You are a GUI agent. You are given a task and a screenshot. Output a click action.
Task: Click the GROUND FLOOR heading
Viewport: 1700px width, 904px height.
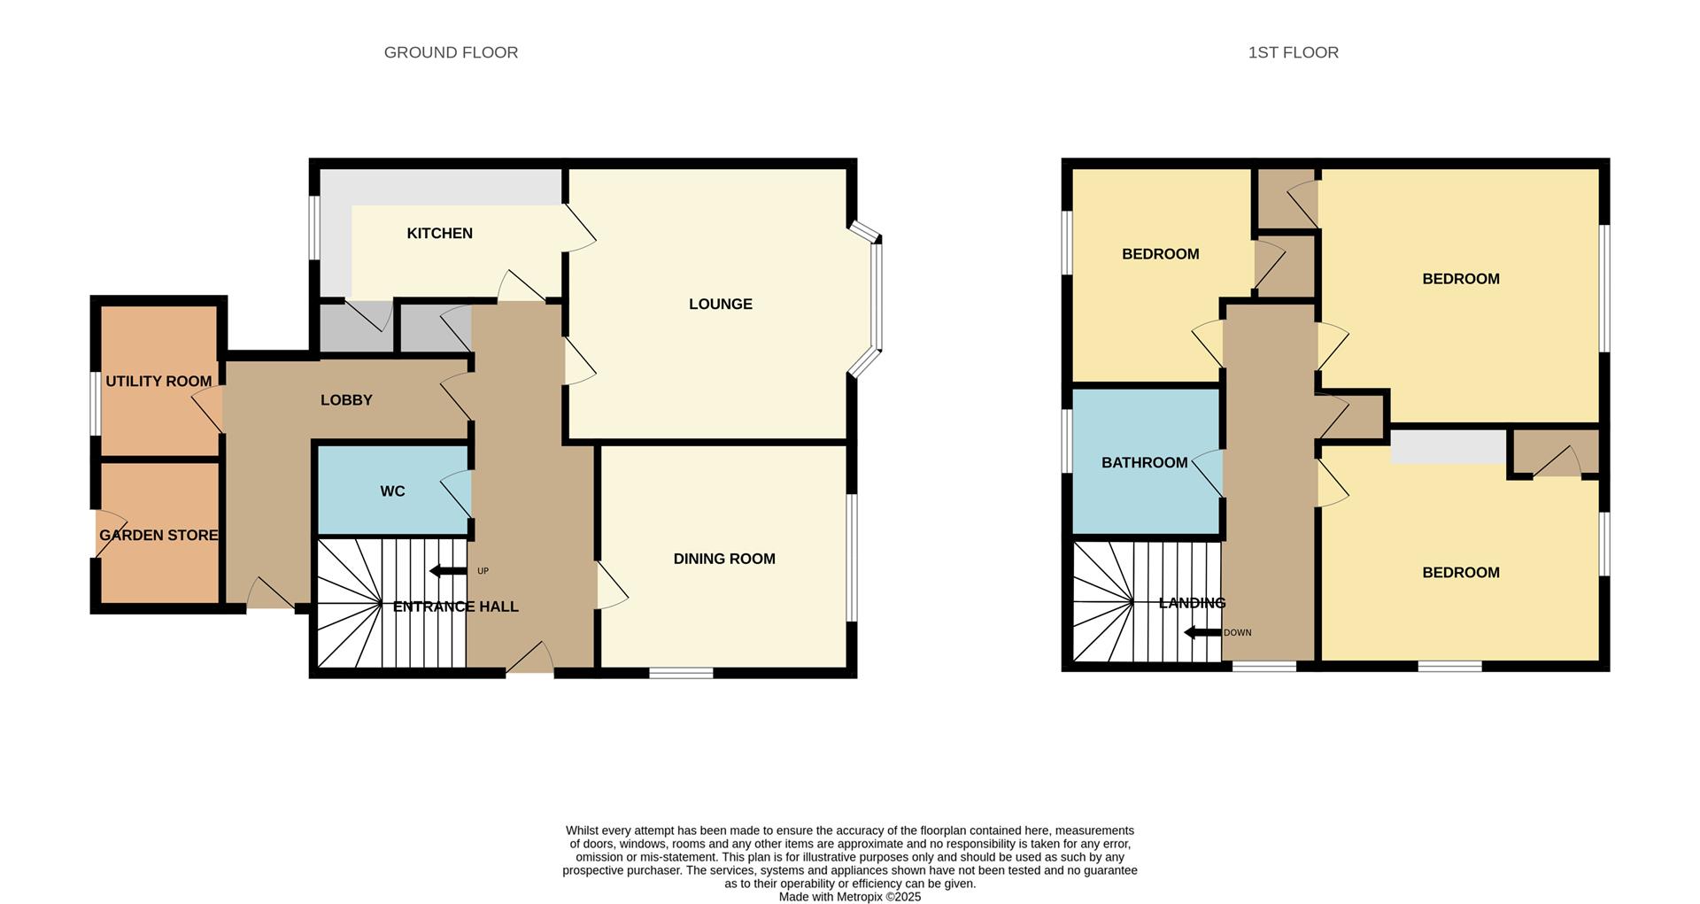pyautogui.click(x=451, y=52)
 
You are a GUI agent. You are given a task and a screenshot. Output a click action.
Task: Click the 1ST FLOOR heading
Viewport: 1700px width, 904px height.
pyautogui.click(x=1293, y=52)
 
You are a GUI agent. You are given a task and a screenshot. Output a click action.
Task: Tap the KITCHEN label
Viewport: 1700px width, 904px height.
pyautogui.click(x=439, y=233)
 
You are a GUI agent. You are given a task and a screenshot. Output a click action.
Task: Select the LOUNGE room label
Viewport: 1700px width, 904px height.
pyautogui.click(x=720, y=304)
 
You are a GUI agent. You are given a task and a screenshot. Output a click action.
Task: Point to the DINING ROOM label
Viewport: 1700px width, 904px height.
pyautogui.click(x=723, y=559)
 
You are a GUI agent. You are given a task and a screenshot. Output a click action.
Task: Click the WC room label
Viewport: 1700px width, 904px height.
pyautogui.click(x=392, y=491)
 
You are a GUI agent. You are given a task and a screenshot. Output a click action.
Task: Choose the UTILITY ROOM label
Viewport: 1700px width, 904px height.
pyautogui.click(x=158, y=381)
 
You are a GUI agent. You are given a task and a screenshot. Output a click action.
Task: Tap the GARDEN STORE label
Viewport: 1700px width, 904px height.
pyautogui.click(x=158, y=535)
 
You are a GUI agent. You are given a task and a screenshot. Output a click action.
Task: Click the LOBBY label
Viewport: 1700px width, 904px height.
pyautogui.click(x=346, y=400)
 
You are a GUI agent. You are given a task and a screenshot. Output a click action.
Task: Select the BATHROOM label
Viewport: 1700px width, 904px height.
pyautogui.click(x=1144, y=462)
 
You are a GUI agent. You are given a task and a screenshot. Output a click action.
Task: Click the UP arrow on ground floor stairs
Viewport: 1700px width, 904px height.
pyautogui.click(x=448, y=571)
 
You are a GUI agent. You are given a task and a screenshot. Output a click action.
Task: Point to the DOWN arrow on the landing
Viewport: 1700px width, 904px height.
pyautogui.click(x=1202, y=632)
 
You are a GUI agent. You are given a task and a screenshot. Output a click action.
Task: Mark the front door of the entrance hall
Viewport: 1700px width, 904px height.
pyautogui.click(x=530, y=660)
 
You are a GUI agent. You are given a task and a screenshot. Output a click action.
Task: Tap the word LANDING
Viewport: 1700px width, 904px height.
pyautogui.click(x=1192, y=603)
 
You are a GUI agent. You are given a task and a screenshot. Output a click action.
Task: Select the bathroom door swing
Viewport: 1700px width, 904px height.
pyautogui.click(x=1209, y=472)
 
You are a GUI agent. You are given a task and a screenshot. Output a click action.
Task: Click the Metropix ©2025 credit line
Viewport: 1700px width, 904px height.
pyautogui.click(x=849, y=897)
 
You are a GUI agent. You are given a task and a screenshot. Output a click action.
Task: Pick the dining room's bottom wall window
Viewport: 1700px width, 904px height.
pyautogui.click(x=681, y=674)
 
